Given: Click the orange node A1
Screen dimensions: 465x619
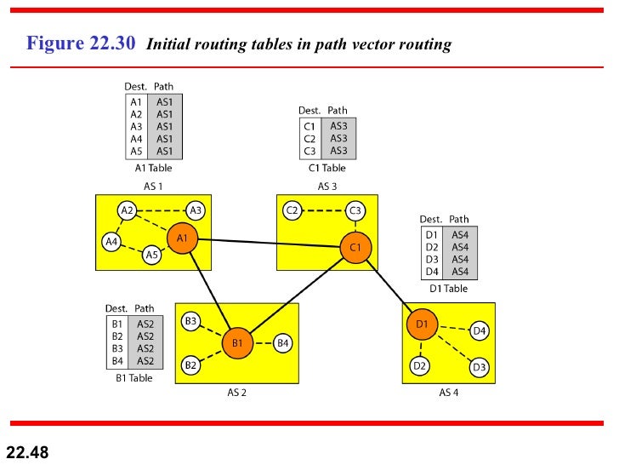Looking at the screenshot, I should [182, 239].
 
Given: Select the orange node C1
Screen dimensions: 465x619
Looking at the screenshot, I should [355, 247].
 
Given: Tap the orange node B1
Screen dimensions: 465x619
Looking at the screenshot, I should [237, 343].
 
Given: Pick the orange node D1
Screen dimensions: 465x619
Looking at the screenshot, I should [422, 324].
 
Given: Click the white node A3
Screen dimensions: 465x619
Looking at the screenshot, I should [196, 210].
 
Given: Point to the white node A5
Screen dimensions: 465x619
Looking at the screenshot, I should [151, 254].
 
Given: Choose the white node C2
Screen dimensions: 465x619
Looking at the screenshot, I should [292, 210].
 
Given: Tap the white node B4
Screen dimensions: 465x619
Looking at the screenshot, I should [283, 343].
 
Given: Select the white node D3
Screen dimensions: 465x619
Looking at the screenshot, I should [479, 367].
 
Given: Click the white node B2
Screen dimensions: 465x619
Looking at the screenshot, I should [191, 365].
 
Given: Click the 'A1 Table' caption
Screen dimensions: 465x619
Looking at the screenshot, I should [153, 169].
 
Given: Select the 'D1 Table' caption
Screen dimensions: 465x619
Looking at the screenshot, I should [448, 289].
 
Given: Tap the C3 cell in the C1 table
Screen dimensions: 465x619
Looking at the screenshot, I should [309, 152].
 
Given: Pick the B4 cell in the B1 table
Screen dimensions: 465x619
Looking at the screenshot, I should [117, 361].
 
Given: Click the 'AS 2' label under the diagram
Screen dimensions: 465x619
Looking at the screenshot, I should [237, 393].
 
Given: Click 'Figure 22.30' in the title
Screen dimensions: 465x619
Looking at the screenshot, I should [81, 43].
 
